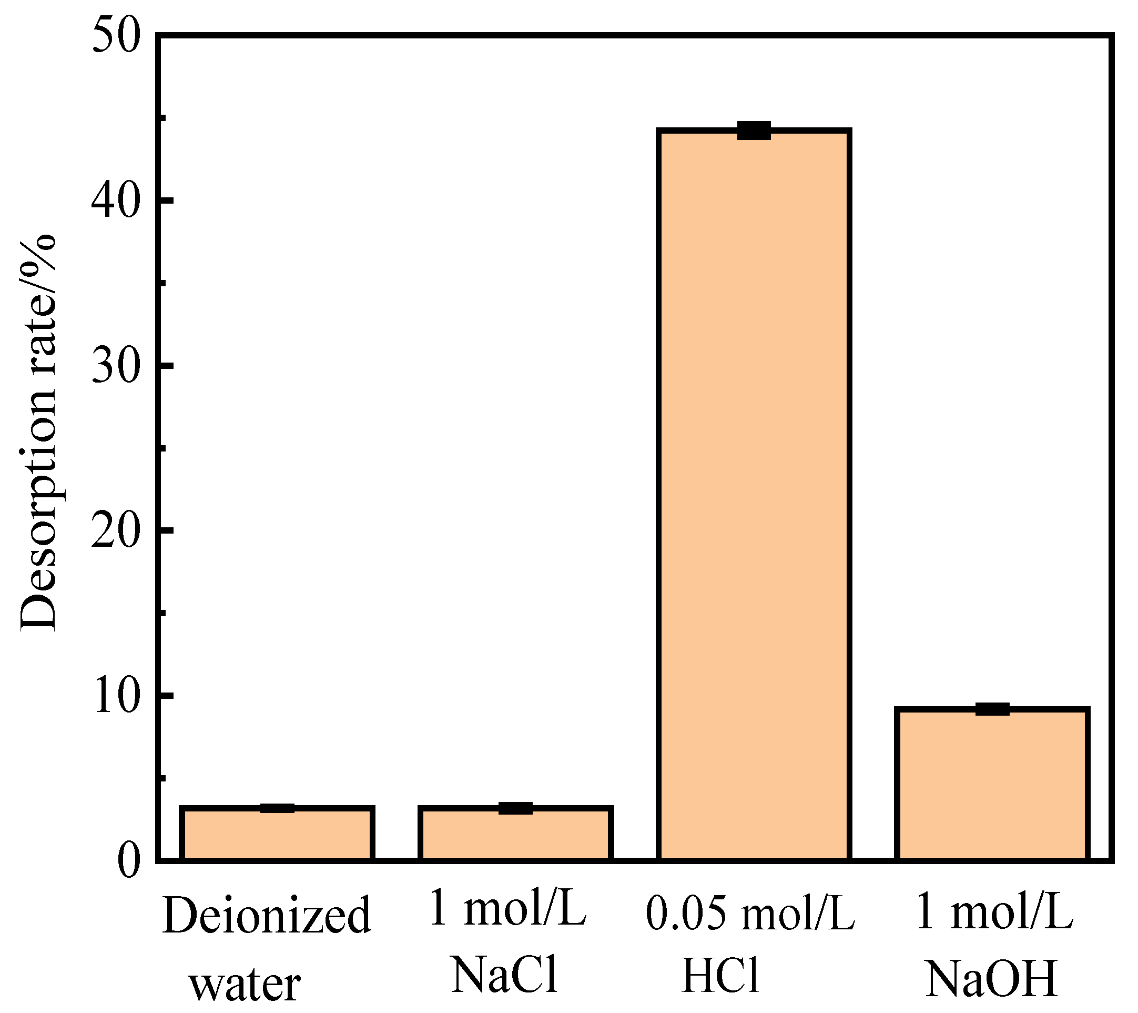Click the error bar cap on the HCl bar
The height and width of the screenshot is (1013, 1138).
click(754, 131)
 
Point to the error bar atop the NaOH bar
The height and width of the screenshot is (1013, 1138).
click(992, 709)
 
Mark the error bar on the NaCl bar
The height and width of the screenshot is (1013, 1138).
click(515, 808)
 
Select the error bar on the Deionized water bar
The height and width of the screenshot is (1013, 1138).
click(277, 808)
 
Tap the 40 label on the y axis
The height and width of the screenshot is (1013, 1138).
click(116, 200)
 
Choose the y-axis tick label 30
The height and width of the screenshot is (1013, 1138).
click(116, 366)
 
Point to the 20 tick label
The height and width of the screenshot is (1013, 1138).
click(116, 530)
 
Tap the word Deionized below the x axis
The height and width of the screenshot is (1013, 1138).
click(267, 917)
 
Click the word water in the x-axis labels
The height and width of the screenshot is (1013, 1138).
click(245, 985)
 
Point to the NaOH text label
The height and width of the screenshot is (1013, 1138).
click(991, 978)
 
